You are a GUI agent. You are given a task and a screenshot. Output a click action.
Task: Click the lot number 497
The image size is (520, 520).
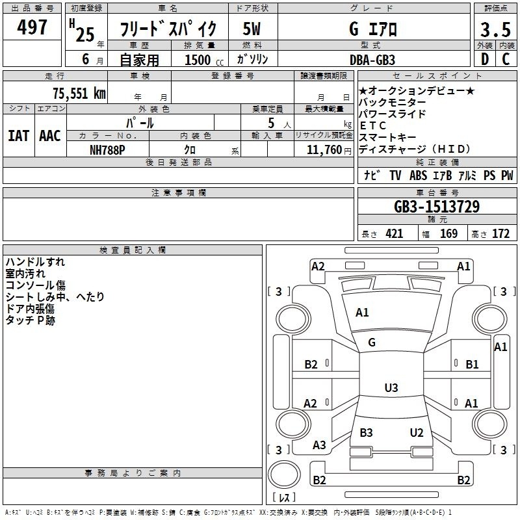(x=32, y=27)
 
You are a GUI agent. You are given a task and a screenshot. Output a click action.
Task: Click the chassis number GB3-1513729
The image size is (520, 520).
(x=437, y=207)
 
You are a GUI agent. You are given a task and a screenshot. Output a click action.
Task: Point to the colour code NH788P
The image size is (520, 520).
(x=107, y=149)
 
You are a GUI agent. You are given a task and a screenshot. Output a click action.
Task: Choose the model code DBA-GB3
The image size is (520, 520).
(x=372, y=60)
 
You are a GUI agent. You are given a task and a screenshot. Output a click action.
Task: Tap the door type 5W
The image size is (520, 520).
(x=252, y=29)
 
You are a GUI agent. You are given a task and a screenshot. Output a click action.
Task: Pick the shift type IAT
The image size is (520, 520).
(x=18, y=135)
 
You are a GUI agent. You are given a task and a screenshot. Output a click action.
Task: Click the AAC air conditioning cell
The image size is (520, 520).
(x=50, y=135)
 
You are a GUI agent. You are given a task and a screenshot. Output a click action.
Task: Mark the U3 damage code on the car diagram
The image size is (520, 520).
(x=391, y=388)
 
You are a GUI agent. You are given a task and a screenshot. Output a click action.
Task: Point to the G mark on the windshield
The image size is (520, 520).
(x=372, y=343)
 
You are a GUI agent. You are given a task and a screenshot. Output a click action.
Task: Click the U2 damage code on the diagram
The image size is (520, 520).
(x=417, y=433)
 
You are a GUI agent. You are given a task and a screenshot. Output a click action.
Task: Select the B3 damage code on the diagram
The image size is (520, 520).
(x=366, y=433)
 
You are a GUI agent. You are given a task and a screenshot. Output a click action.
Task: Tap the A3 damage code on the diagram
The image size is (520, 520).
(x=319, y=445)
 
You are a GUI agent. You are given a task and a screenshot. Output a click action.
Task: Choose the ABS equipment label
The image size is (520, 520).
(x=418, y=175)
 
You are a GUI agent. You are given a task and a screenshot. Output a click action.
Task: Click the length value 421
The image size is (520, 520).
(x=394, y=234)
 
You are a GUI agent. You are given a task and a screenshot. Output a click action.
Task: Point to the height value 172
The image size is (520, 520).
(x=500, y=234)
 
